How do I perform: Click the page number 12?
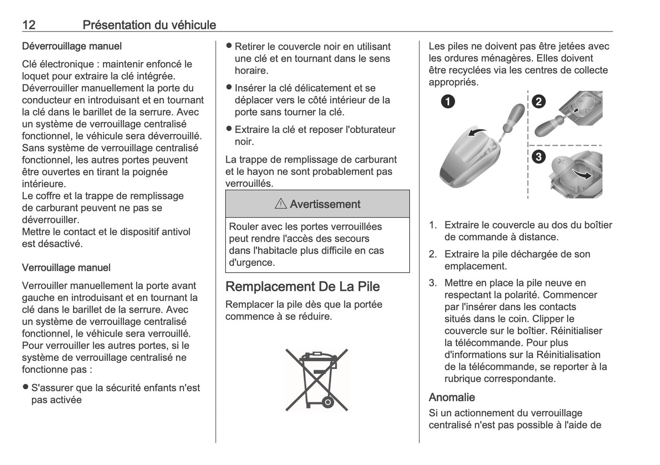29,25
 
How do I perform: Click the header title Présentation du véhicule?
149,25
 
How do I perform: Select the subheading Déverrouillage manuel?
72,46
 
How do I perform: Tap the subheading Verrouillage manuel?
66,268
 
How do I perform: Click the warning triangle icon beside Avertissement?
280,204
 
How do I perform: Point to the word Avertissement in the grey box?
325,204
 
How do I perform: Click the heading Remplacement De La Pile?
303,287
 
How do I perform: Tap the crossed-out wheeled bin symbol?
317,379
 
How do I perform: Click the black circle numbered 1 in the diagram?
448,101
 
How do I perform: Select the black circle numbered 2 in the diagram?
539,101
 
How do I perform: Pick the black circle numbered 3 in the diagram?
539,157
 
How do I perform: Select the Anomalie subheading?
452,397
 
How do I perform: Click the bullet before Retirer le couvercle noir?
229,46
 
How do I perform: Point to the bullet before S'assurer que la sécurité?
26,388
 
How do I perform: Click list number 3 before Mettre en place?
433,283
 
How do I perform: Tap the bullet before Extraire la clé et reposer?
229,129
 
